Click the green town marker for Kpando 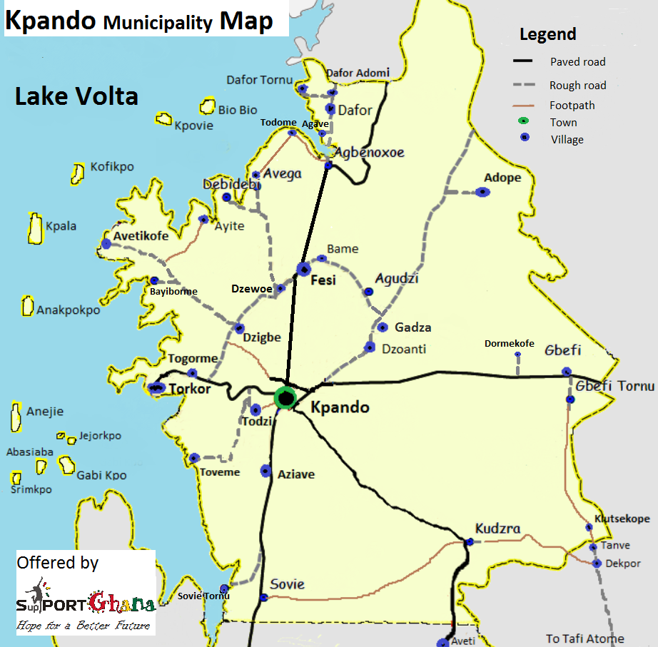[286, 398]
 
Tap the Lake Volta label [76, 96]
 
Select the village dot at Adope [483, 191]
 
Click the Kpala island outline [34, 228]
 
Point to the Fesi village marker [304, 269]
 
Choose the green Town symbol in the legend [525, 123]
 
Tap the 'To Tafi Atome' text [584, 638]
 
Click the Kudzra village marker [469, 542]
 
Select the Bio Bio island [208, 106]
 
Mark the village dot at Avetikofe [106, 243]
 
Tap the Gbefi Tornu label [614, 386]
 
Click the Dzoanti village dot [370, 347]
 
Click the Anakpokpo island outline [28, 306]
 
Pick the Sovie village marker [264, 598]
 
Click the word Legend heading [547, 34]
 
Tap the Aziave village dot [265, 471]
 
